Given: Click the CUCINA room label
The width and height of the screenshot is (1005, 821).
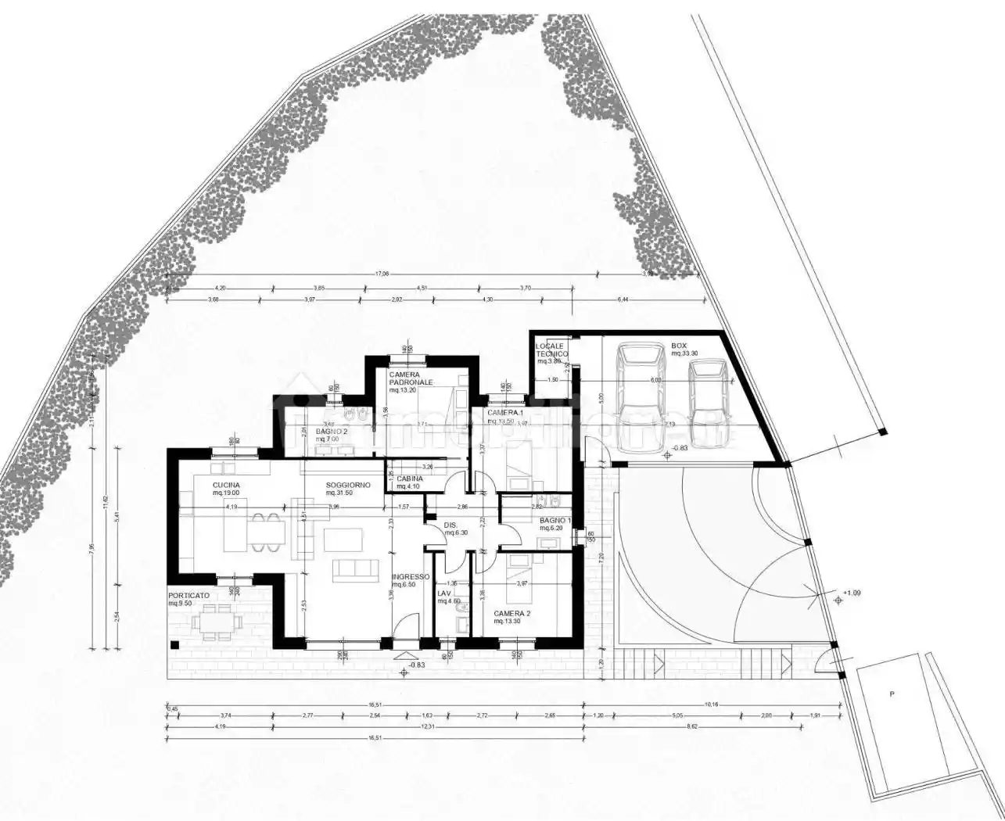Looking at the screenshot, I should (x=226, y=486).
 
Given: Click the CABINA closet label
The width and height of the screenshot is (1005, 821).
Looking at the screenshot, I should (x=410, y=479).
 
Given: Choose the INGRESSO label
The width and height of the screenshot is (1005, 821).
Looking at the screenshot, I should (x=411, y=577).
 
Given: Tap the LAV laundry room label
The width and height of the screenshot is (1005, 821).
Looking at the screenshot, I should (x=444, y=593).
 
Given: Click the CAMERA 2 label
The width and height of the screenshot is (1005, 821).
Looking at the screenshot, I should (x=512, y=614).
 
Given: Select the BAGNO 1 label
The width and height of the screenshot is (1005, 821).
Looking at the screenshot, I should (x=555, y=520).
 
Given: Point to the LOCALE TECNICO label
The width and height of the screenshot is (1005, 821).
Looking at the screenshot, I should (x=550, y=350).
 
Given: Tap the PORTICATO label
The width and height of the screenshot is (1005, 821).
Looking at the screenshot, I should (x=188, y=595).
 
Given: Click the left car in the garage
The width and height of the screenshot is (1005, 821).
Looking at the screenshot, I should (x=639, y=397).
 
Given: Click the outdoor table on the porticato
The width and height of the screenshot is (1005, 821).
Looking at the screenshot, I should (x=214, y=622).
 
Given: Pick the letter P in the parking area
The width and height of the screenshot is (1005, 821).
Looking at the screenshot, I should (x=890, y=694).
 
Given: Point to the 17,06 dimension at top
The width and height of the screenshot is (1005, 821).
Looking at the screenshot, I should (x=382, y=274).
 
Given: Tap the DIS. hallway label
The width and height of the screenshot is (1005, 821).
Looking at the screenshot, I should (x=451, y=525).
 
